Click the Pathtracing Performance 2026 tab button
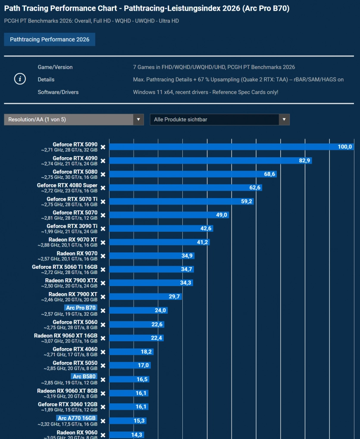[50, 40]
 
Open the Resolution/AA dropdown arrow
[138, 119]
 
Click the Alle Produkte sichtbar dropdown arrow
[284, 119]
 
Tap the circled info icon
[20, 79]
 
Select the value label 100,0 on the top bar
[344, 147]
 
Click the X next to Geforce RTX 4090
[103, 161]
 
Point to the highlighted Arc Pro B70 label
[81, 308]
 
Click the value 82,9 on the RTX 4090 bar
[304, 160]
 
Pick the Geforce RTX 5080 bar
[193, 174]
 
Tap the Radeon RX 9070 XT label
[73, 240]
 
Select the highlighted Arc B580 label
[84, 376]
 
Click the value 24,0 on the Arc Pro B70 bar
[160, 310]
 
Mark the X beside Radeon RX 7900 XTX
[103, 283]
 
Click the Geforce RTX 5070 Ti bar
[182, 201]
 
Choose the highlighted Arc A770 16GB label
[76, 418]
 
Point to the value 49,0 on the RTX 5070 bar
[221, 215]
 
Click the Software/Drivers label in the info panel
[58, 92]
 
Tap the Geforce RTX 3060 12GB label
[68, 404]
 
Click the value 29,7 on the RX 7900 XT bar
[174, 296]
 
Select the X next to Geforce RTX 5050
[103, 366]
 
